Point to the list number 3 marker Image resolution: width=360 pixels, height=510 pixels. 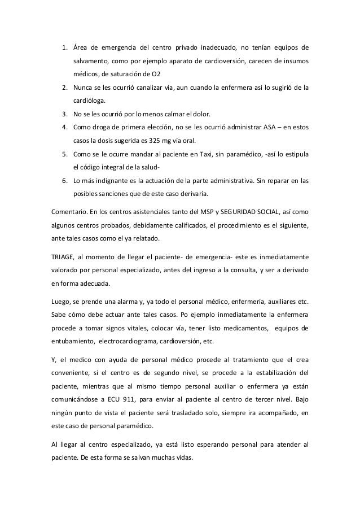(64, 115)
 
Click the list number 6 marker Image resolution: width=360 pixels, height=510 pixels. (64, 182)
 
